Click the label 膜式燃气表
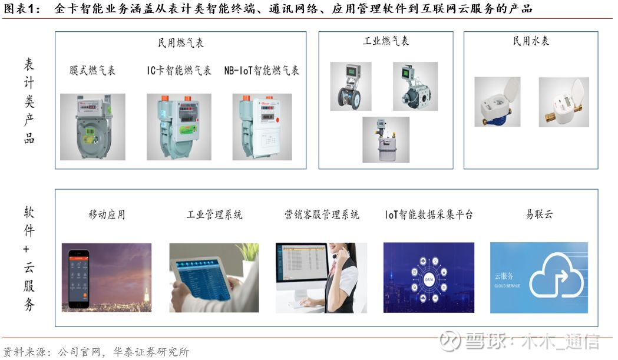pos(92,71)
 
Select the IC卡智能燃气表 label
pos(179,71)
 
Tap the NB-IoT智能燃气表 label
pos(262,71)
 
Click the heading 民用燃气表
pos(180,43)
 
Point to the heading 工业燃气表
pos(386,41)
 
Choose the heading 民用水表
pos(531,41)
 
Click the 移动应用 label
pos(107,214)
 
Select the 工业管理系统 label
pos(214,214)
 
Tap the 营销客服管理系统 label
pos(322,214)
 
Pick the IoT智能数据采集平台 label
pos(429,214)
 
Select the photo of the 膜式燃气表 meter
pos(92,126)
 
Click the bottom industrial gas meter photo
pos(385,139)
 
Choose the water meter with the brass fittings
pos(564,102)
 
